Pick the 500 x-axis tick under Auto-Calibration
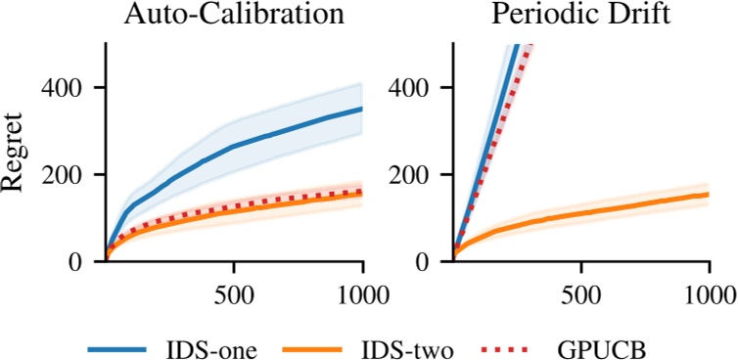tap(233, 293)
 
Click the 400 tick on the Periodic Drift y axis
tap(414, 88)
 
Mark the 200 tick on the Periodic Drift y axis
tap(414, 175)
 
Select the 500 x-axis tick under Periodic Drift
tap(580, 293)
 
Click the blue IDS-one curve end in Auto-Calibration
tap(362, 109)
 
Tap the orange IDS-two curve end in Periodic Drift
tap(708, 194)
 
